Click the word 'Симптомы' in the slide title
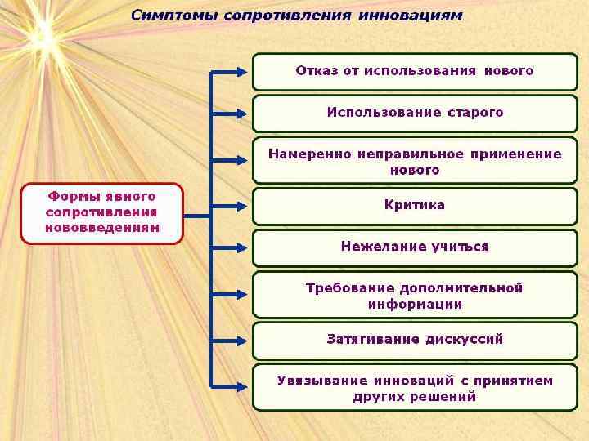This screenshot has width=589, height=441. [x=170, y=16]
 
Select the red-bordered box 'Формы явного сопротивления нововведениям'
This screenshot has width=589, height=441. [x=102, y=213]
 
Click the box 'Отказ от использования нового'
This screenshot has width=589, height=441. [x=415, y=71]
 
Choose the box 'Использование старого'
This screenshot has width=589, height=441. [x=415, y=113]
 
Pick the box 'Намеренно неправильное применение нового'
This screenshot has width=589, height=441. [x=415, y=160]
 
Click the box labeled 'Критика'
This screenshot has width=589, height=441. [x=415, y=205]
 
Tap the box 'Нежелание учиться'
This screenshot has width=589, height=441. [x=415, y=247]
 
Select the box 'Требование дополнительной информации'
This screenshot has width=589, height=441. [x=415, y=295]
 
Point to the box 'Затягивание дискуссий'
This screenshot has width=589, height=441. [x=415, y=339]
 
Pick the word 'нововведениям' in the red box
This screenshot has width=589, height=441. [x=102, y=228]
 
